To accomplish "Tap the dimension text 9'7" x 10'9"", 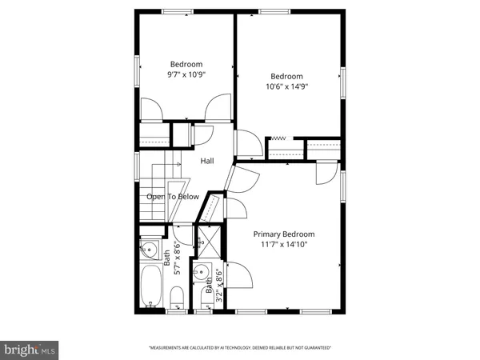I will pos(186,74).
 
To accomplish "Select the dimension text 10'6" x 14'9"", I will pos(286,87).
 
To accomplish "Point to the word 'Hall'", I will pos(207,161).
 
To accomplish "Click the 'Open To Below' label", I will pos(172,196).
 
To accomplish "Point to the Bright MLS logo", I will pos(30,349).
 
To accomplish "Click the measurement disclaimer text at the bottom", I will pos(240,348).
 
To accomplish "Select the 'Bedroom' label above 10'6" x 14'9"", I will pos(286,77).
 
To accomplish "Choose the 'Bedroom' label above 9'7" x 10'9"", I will pos(186,64).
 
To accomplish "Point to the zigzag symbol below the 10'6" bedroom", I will pos(279,138).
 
